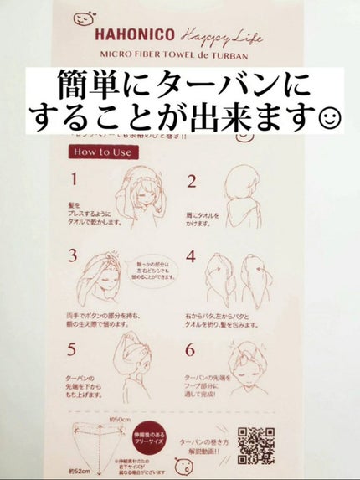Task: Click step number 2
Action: (191, 181)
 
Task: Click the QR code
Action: (256, 444)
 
